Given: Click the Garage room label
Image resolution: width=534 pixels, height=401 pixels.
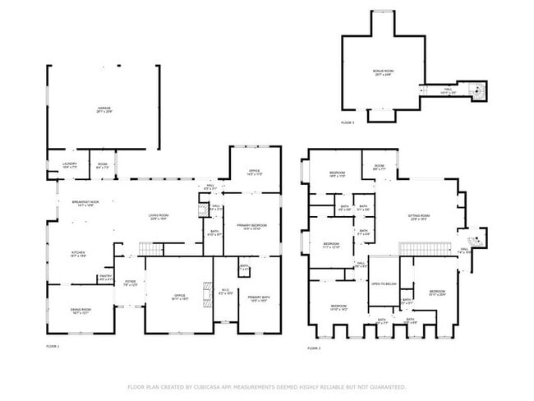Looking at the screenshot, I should point(104,108).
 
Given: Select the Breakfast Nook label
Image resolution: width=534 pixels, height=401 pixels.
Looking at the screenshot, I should point(85,204).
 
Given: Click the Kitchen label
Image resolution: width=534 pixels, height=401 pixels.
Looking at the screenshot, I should point(78,254).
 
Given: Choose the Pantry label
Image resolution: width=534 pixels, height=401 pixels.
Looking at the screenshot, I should point(105,278).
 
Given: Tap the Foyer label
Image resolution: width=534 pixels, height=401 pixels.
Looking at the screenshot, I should point(130,284).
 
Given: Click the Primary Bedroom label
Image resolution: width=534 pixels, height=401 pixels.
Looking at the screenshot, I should point(252,226).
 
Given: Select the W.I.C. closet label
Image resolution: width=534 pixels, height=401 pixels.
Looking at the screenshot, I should point(228,291).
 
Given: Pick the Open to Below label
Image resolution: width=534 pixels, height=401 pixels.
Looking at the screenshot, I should point(384,284).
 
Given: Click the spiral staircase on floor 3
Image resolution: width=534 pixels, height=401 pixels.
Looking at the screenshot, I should point(477,89).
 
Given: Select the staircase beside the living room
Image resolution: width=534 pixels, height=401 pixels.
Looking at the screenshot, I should point(148,249).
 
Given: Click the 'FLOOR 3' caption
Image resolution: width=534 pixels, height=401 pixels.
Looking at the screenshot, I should point(348,122).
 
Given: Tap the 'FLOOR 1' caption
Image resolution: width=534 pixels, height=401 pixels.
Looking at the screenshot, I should point(53,348).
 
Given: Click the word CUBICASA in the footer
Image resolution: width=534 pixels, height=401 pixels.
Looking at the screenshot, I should point(212,386).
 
